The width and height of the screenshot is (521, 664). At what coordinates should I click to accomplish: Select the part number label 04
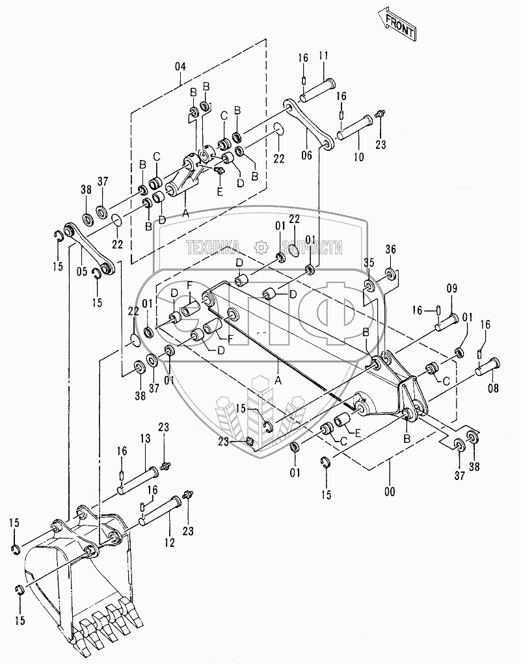[x=180, y=66]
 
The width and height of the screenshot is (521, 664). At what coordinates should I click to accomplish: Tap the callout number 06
[x=306, y=155]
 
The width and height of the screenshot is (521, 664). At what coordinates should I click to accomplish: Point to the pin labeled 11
[x=317, y=88]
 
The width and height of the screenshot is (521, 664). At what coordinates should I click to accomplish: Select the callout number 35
[x=369, y=263]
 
